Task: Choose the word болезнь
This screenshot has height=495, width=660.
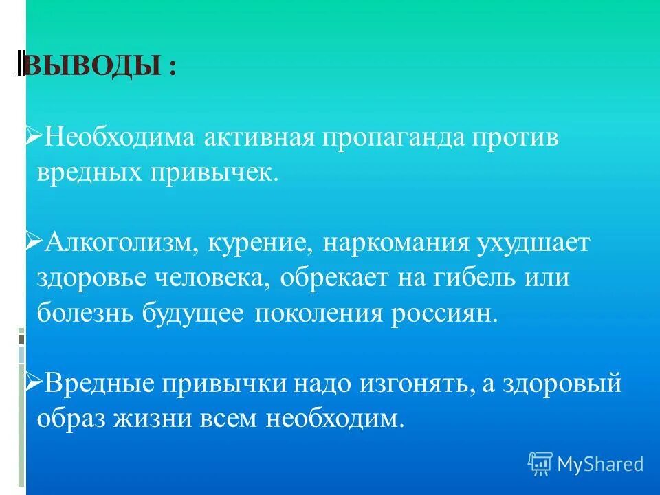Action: (x=86, y=313)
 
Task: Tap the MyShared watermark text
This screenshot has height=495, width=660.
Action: (x=600, y=464)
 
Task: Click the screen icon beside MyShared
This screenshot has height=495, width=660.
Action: (x=540, y=464)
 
